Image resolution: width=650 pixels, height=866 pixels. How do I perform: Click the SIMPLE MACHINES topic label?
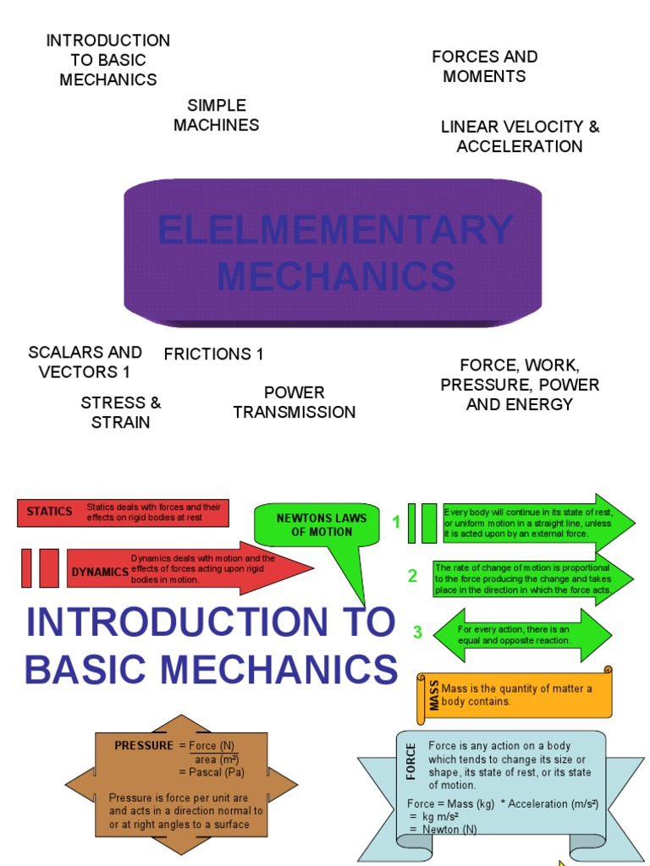(x=216, y=115)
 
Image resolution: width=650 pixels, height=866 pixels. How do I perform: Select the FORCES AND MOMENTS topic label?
(x=484, y=67)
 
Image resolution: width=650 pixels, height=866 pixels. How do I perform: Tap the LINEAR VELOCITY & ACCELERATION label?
(x=520, y=137)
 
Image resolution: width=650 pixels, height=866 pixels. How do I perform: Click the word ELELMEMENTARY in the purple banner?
(x=335, y=231)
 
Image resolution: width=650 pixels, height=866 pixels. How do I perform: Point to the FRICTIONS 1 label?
(x=213, y=354)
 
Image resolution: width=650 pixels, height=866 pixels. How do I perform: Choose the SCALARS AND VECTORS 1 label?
(x=85, y=362)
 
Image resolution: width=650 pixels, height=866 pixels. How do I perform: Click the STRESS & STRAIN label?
(x=120, y=412)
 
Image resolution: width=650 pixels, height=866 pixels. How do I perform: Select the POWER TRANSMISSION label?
(x=294, y=403)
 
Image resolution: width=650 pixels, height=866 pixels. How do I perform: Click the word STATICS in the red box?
(x=50, y=512)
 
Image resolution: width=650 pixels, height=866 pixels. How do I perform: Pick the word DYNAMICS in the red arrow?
(x=99, y=572)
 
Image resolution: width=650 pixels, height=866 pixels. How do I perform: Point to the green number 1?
(x=395, y=523)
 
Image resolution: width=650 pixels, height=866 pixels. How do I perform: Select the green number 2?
(x=412, y=577)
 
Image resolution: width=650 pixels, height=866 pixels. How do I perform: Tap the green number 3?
(x=417, y=633)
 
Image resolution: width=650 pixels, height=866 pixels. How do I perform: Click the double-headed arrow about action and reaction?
(x=521, y=635)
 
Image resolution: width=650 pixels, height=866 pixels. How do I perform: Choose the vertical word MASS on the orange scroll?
(x=434, y=694)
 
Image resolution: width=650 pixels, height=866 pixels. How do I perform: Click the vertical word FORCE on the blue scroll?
(x=411, y=761)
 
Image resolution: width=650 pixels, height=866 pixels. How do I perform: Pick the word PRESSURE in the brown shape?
(x=143, y=745)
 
